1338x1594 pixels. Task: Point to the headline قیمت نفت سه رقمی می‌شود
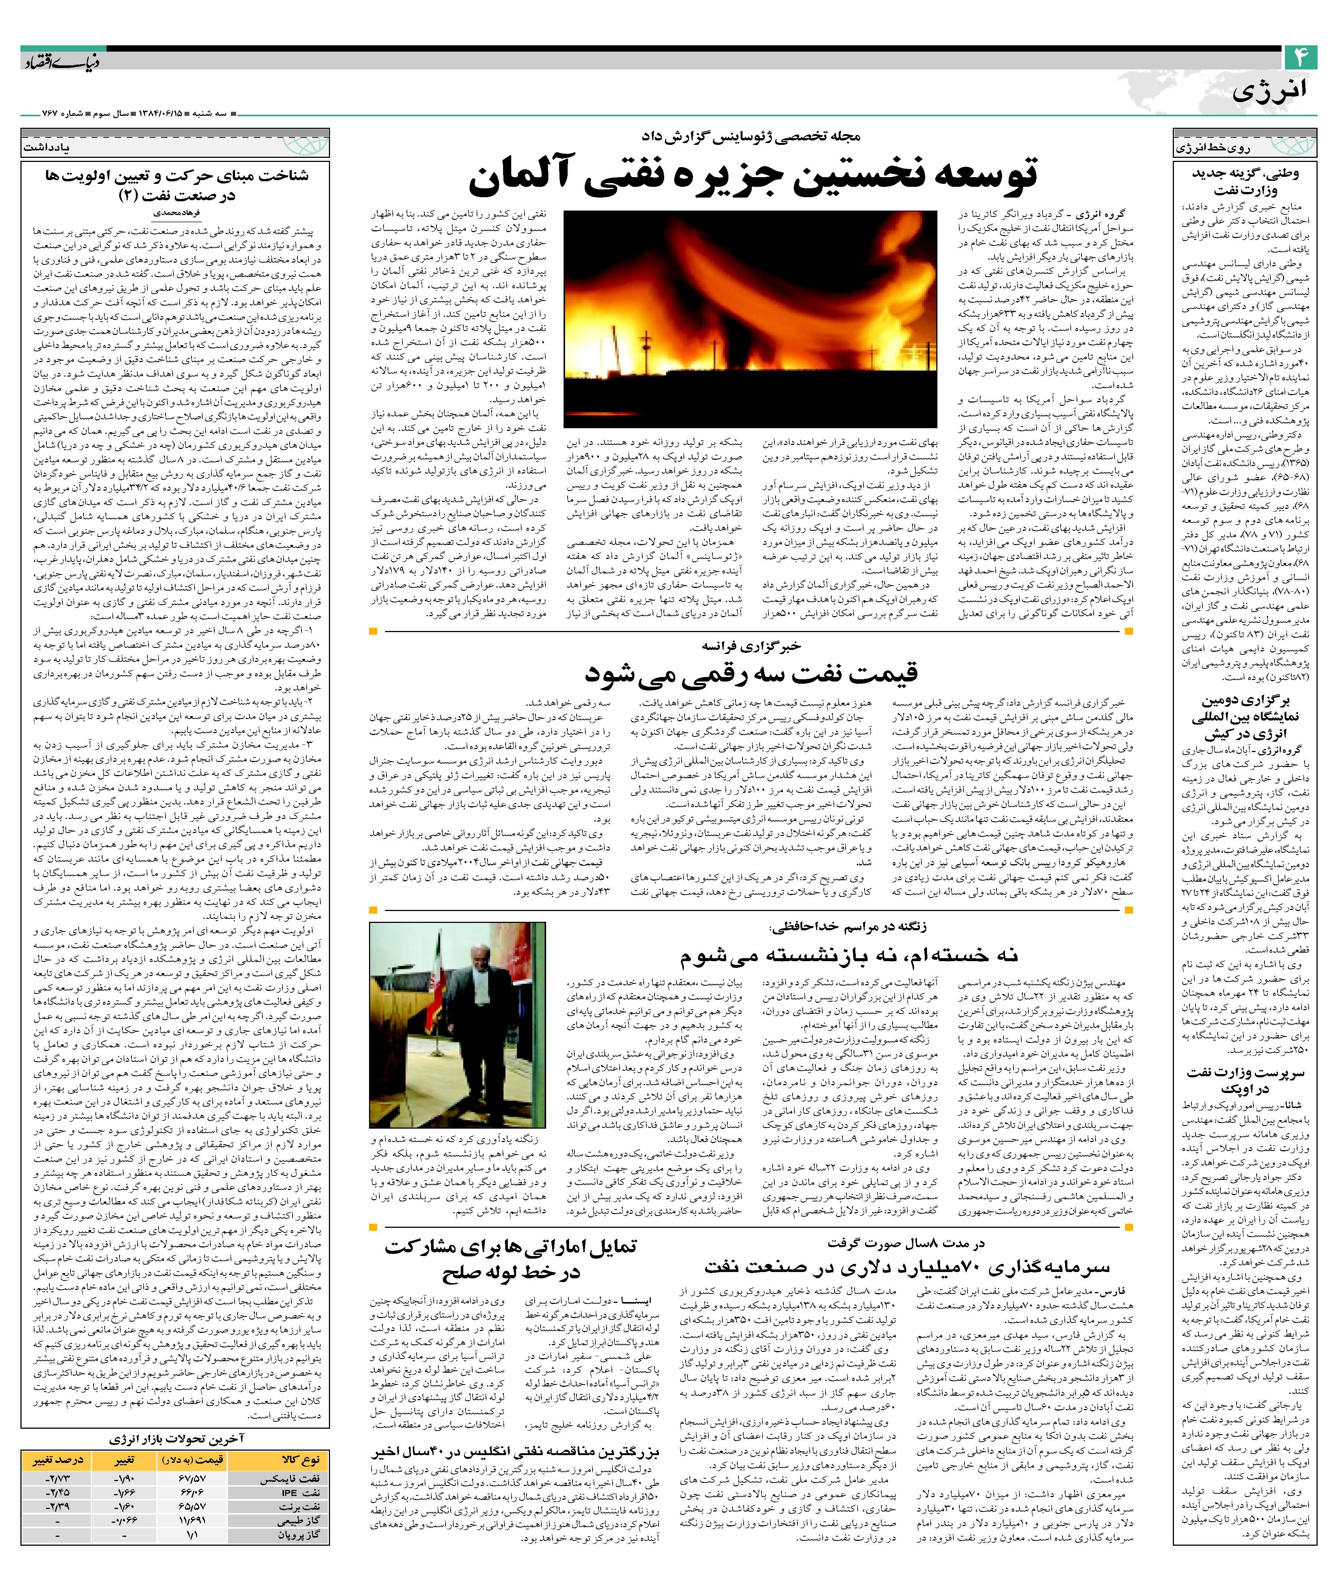tap(751, 673)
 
